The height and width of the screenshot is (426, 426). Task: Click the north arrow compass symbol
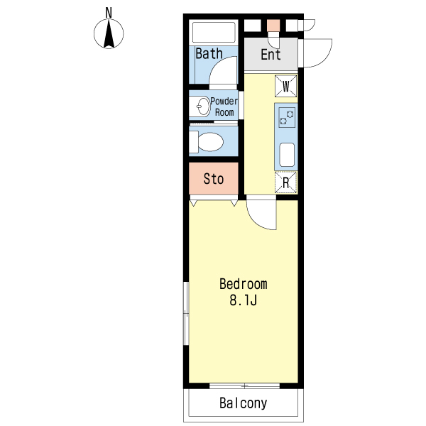(109, 33)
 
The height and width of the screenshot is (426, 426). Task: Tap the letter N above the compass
(109, 12)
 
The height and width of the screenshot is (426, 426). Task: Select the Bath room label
(209, 53)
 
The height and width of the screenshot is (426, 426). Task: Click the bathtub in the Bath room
(214, 33)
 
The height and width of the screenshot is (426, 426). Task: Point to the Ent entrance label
(271, 55)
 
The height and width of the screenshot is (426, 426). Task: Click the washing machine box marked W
(286, 87)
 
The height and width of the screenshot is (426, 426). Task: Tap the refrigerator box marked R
(286, 182)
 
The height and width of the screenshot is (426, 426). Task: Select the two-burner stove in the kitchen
(286, 116)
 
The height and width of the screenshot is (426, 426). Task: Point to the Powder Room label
(224, 106)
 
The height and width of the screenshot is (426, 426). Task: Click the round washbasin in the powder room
(201, 106)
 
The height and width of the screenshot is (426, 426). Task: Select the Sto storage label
(214, 179)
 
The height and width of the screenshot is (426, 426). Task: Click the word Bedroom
(243, 285)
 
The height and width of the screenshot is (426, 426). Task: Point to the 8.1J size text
(243, 300)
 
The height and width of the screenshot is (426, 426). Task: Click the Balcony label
(243, 404)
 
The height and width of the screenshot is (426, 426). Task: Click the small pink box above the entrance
(273, 25)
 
